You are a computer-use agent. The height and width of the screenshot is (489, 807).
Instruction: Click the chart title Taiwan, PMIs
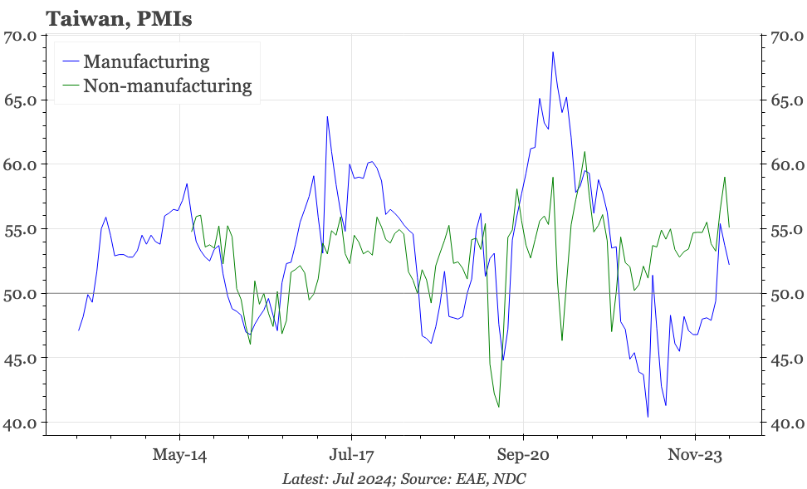pos(120,18)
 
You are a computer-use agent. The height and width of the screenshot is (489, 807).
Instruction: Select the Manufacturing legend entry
pos(146,61)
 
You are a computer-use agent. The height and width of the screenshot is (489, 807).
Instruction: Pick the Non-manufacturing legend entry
pos(167,86)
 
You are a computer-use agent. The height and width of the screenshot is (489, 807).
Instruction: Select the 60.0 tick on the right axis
pos(786,165)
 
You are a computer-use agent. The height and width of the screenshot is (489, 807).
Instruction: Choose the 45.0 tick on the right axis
pos(786,359)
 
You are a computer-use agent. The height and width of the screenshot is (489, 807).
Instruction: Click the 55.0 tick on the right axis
pos(786,229)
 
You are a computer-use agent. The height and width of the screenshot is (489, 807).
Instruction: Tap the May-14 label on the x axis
pos(180,455)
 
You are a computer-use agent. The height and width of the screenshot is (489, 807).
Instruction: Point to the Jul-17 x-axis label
pos(351,455)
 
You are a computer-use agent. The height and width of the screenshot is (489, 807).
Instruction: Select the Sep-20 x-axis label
pos(523,455)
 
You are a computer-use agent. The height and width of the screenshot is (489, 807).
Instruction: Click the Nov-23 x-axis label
pos(695,455)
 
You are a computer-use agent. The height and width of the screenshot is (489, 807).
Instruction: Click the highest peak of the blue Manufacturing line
pos(553,52)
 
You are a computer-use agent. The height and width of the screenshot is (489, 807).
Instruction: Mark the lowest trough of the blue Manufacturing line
pos(648,417)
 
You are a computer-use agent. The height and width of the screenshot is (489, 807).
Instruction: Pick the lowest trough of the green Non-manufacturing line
pos(498,407)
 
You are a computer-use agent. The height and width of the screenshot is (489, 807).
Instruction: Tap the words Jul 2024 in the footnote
pos(352,479)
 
